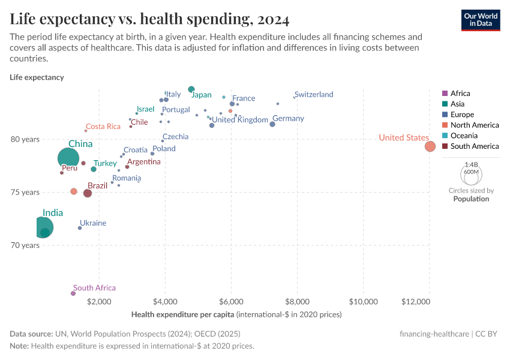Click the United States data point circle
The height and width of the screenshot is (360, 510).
[x=430, y=146]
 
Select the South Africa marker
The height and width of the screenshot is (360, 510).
[x=73, y=293]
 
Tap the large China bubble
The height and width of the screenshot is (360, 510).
[x=68, y=158]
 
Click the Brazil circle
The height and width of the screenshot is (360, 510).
[x=88, y=193]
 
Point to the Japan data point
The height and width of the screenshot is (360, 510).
[x=191, y=89]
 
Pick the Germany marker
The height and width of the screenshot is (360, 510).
[x=272, y=124]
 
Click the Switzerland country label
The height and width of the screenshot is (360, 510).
[x=314, y=95]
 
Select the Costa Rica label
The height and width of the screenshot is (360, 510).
[x=103, y=127]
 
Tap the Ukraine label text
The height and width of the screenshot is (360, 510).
[x=93, y=223]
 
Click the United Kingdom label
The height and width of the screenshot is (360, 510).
[x=240, y=120]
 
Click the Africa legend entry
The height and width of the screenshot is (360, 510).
[x=460, y=94]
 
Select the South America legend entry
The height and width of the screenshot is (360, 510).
[x=474, y=146]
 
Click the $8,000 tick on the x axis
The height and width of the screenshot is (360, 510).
[x=296, y=300]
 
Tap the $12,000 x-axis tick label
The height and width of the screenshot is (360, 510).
[x=428, y=300]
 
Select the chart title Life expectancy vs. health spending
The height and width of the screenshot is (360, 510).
[x=149, y=20]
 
